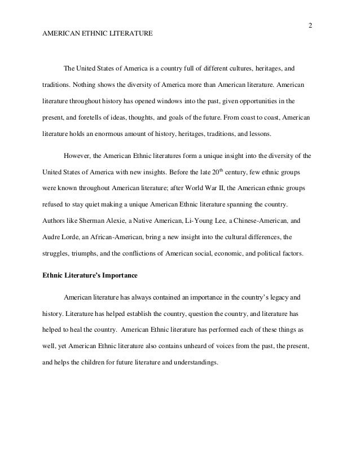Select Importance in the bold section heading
(x=120, y=275)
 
